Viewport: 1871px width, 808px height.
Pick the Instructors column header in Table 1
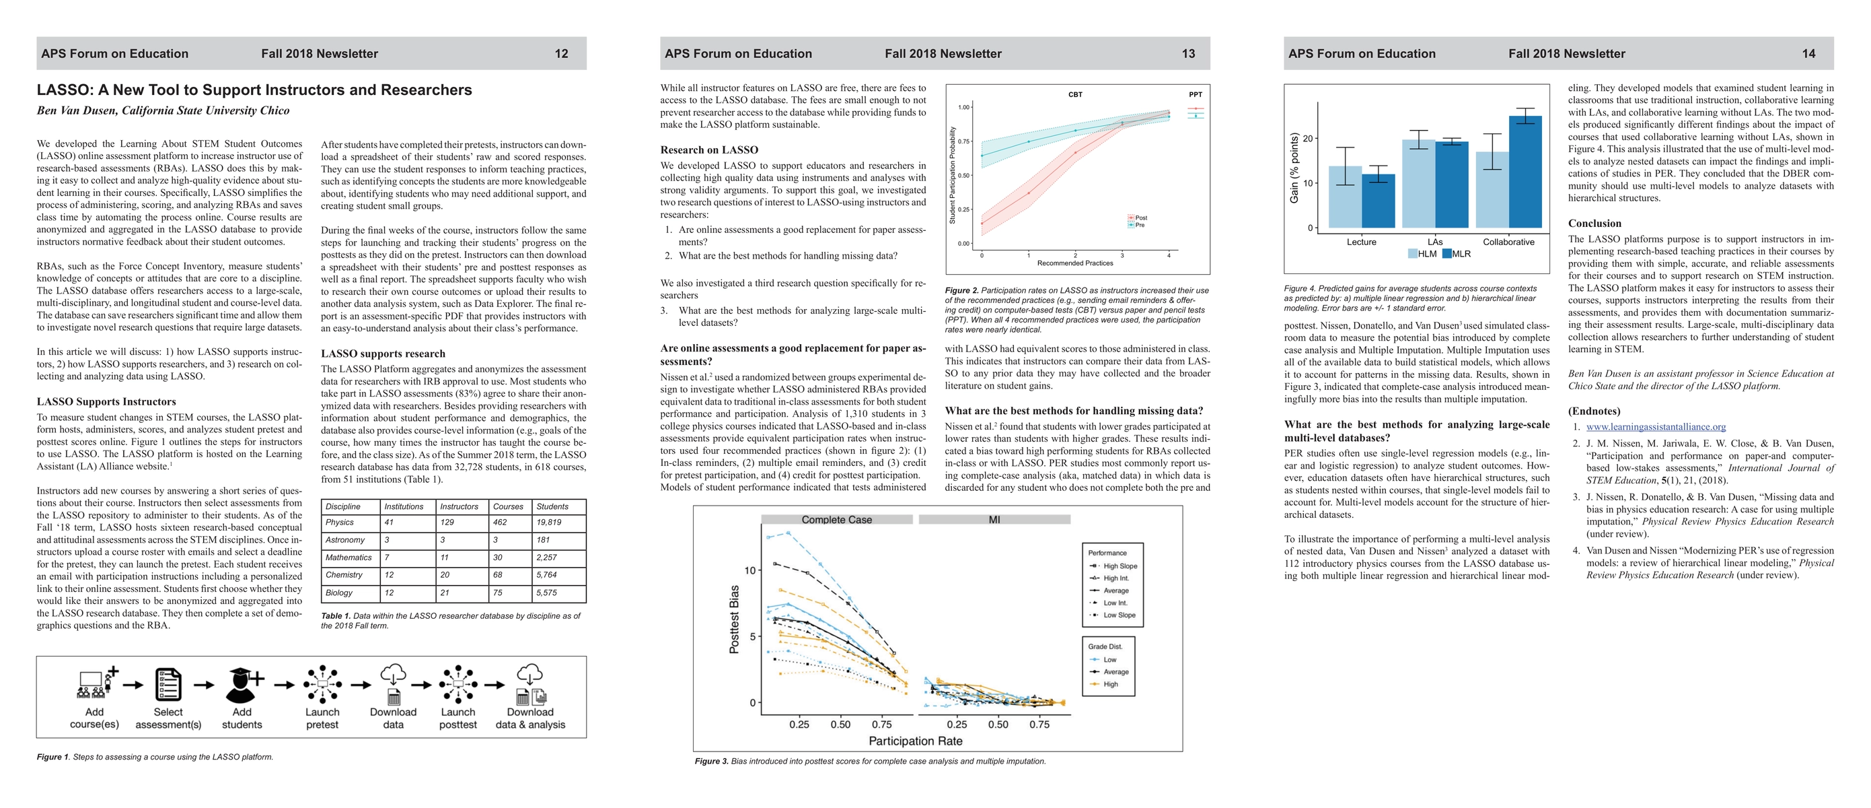click(x=459, y=506)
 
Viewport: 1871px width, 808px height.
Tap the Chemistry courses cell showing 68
click(x=499, y=575)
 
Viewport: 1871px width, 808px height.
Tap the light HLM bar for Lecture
click(x=1344, y=197)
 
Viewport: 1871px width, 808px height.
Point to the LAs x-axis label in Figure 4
click(x=1434, y=242)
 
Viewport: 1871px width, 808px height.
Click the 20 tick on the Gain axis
click(x=1307, y=139)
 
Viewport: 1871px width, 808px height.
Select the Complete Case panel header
click(x=837, y=520)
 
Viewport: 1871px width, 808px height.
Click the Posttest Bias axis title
click(x=734, y=619)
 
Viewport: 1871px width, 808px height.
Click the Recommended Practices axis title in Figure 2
click(x=1075, y=263)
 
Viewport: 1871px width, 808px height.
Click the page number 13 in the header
click(x=1188, y=54)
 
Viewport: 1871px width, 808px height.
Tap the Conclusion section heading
click(x=1594, y=224)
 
